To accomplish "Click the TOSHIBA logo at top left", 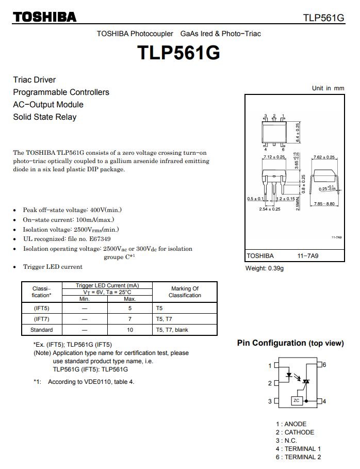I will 45,17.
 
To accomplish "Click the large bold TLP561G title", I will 178,53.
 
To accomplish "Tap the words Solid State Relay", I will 44,117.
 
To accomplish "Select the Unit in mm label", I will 328,88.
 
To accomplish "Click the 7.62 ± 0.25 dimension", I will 324,157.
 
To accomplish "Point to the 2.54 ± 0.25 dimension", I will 269,209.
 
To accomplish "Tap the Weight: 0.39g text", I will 265,268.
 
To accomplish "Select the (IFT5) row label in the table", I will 41,308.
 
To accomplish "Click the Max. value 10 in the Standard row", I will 130,330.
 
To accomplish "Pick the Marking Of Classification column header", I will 185,292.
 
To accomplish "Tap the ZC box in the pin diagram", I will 296,401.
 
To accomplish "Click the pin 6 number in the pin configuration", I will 324,365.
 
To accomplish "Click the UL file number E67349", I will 100,239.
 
